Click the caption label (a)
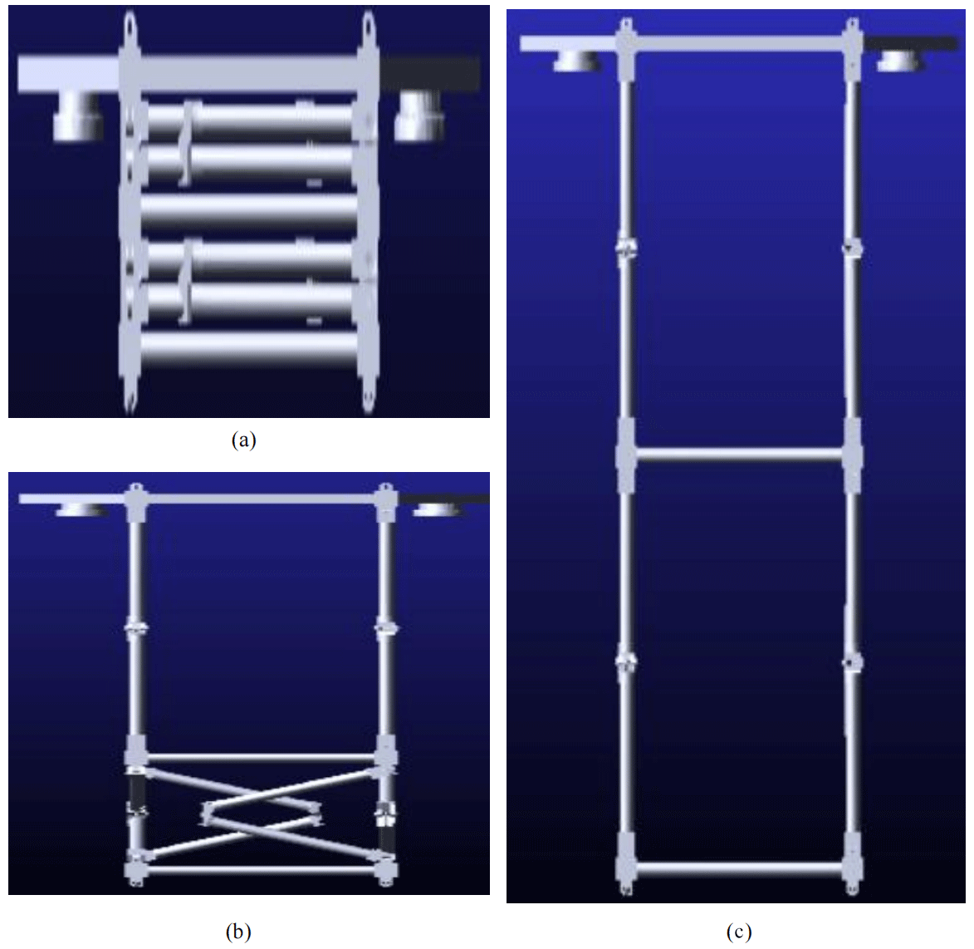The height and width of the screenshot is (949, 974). [x=243, y=440]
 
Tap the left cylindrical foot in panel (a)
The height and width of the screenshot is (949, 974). [x=76, y=116]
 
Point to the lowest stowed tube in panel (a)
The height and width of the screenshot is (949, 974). [x=249, y=349]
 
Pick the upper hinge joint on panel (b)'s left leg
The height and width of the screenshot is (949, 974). [x=136, y=629]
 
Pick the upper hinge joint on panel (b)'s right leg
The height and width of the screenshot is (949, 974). [x=386, y=629]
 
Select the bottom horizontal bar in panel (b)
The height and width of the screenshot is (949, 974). [x=261, y=870]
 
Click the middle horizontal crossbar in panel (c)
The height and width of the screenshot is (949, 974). [x=739, y=455]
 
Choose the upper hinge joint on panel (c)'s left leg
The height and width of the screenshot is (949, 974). [x=626, y=248]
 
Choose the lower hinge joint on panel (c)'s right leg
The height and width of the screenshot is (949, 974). [x=852, y=663]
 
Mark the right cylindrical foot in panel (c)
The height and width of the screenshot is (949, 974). [x=899, y=61]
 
